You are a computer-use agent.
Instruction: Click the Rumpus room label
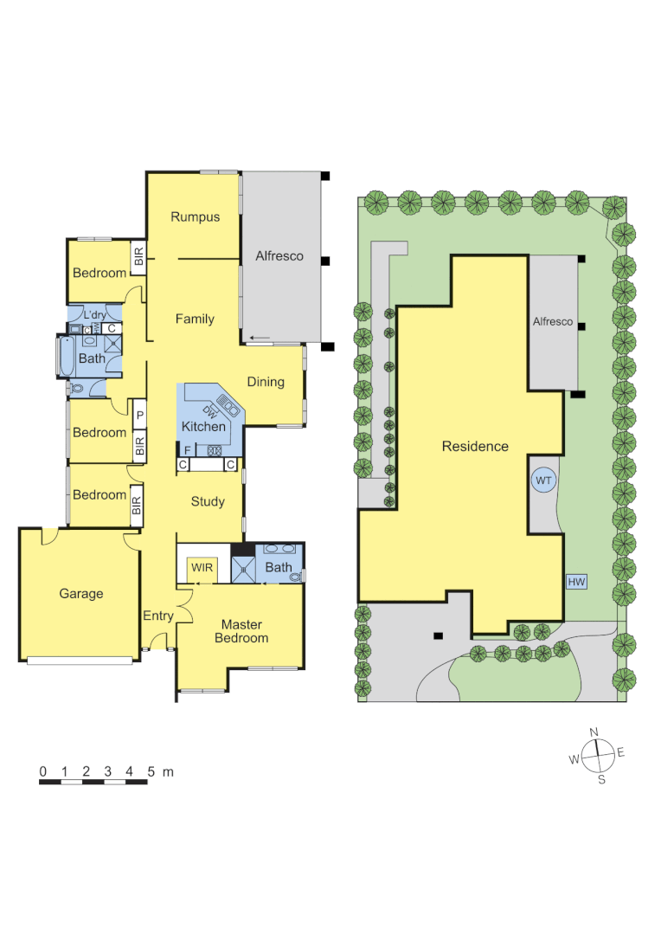pyautogui.click(x=195, y=217)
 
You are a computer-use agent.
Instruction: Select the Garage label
pyautogui.click(x=81, y=594)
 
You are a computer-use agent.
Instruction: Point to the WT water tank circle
pyautogui.click(x=543, y=480)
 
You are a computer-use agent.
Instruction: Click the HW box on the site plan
pyautogui.click(x=576, y=582)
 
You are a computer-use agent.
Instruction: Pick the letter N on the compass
pyautogui.click(x=594, y=733)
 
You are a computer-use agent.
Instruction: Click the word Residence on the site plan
pyautogui.click(x=475, y=447)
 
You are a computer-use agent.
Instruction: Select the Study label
pyautogui.click(x=208, y=501)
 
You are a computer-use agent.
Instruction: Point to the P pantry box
pyautogui.click(x=138, y=416)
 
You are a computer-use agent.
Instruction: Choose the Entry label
pyautogui.click(x=158, y=616)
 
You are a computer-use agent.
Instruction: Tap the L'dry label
pyautogui.click(x=94, y=314)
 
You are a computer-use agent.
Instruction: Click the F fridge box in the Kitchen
pyautogui.click(x=187, y=450)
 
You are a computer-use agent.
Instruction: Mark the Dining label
pyautogui.click(x=266, y=382)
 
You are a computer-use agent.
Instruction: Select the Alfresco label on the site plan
pyautogui.click(x=553, y=322)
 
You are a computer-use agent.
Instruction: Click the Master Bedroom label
pyautogui.click(x=242, y=631)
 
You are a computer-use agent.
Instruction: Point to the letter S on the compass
pyautogui.click(x=601, y=779)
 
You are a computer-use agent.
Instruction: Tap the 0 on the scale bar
pyautogui.click(x=42, y=771)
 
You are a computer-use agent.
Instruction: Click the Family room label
pyautogui.click(x=195, y=319)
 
